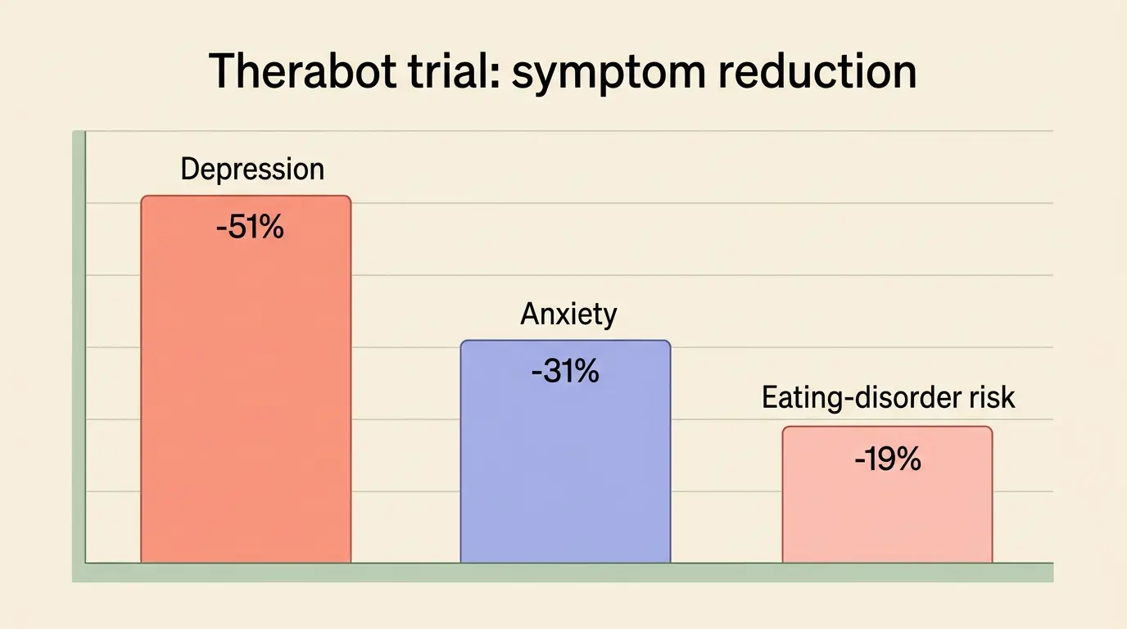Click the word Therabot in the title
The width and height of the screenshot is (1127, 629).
coord(302,71)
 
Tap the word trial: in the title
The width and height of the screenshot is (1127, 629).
coord(455,71)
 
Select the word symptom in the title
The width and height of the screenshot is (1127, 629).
coord(609,75)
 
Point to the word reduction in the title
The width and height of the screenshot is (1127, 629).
coord(817,71)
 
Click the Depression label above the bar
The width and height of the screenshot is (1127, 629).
coord(252,170)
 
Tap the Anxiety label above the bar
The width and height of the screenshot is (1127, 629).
coord(568,314)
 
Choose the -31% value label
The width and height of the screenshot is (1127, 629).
coord(565,371)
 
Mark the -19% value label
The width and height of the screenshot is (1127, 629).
coord(888,459)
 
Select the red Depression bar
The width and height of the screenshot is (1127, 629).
coord(246,379)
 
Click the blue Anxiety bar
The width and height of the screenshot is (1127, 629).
coord(565,451)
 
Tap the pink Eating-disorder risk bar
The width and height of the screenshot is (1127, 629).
coord(888,494)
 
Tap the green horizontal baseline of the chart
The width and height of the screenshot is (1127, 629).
coord(563,572)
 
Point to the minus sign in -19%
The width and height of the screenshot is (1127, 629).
coord(860,460)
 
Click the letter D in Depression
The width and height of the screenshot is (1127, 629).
coord(189,169)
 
